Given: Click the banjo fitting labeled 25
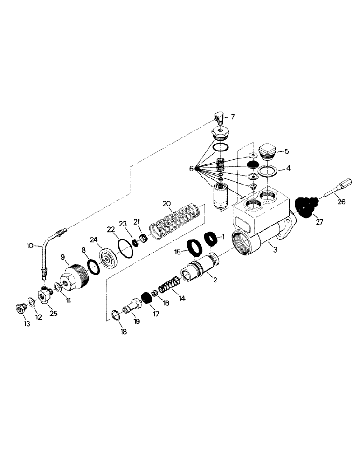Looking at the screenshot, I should coord(46,294).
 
